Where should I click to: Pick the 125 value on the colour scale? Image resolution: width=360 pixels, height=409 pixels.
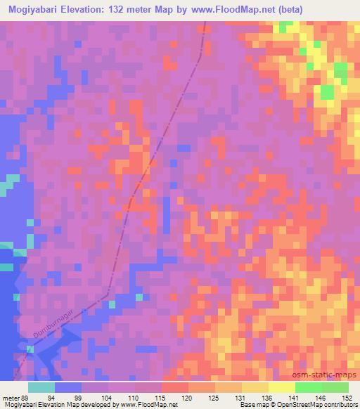pyautogui.click(x=215, y=397)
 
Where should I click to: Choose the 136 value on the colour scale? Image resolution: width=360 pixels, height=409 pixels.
pyautogui.click(x=269, y=397)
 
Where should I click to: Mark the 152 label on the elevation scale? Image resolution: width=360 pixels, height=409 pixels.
pyautogui.click(x=348, y=397)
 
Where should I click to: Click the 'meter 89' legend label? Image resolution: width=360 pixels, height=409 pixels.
pyautogui.click(x=16, y=397)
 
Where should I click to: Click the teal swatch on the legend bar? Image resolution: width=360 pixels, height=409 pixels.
pyautogui.click(x=42, y=387)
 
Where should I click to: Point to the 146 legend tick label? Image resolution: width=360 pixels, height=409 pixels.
pyautogui.click(x=321, y=397)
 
